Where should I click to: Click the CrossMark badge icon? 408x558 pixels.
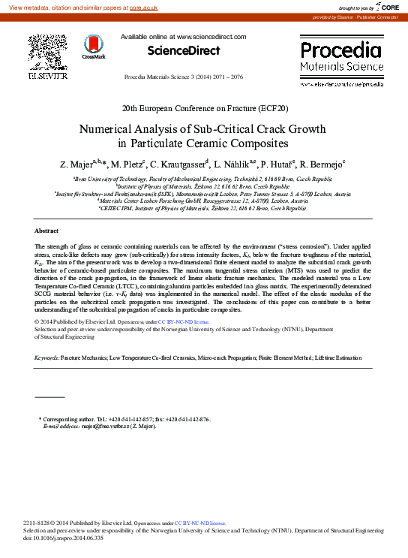[94, 47]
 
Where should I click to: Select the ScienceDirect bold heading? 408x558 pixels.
[184, 51]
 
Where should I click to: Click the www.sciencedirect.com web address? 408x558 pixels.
[212, 36]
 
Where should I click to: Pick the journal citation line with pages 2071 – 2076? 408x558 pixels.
[183, 77]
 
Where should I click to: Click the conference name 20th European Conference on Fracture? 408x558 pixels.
[204, 108]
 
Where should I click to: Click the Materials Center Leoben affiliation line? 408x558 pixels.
[203, 201]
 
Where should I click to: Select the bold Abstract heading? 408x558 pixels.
[46, 231]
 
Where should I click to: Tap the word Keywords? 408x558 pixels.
[46, 358]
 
